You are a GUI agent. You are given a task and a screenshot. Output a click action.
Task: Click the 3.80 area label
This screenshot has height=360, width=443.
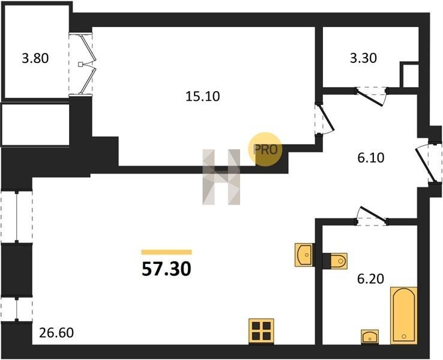pos(35,58)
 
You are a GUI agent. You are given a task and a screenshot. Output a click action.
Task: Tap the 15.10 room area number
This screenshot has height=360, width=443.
pos(202,97)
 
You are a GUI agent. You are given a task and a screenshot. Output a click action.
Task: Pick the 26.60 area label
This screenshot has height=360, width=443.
pos(56,332)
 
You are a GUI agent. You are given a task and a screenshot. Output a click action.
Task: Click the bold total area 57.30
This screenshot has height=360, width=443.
pos(166,269)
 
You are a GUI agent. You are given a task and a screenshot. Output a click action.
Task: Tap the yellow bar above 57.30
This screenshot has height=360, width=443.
pos(166,252)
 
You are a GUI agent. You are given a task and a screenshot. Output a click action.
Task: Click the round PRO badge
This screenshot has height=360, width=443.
pos(265,149)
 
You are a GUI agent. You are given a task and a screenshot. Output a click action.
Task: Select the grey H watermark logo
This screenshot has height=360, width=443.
pos(221,177)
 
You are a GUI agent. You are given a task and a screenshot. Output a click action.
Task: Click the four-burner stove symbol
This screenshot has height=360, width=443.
pos(261,331)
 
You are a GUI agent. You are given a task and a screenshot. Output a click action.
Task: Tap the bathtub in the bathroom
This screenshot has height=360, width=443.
pos(404,316)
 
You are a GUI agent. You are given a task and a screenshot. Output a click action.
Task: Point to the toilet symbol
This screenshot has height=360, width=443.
pos(335,260)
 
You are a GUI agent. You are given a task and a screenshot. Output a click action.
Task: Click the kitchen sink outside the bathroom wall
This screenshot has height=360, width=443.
pos(304,254)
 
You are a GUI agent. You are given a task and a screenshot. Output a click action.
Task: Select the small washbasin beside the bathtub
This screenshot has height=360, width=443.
pos(370,337)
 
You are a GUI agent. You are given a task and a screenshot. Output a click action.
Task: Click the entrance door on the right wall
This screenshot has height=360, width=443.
pos(427,164)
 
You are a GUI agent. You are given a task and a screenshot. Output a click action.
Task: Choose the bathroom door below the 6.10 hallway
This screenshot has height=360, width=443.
pos(372,216)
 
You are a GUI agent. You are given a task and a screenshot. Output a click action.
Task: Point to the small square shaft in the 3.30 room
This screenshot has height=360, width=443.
pos(409,75)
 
